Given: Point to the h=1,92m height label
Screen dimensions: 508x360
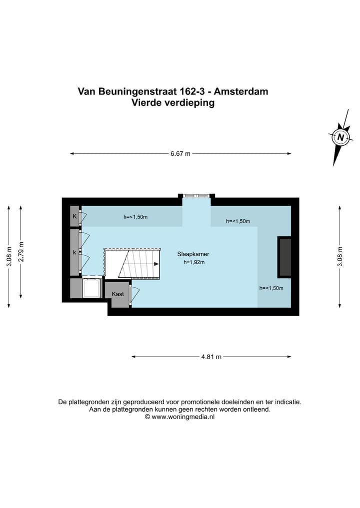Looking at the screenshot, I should pyautogui.click(x=194, y=262).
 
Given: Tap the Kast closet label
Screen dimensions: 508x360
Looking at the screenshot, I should pyautogui.click(x=118, y=294).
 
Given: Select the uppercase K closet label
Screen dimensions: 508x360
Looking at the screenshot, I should pyautogui.click(x=74, y=216).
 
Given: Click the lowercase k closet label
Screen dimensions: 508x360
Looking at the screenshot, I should pyautogui.click(x=74, y=252).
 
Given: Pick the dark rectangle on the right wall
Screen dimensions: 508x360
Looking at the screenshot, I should pyautogui.click(x=284, y=257).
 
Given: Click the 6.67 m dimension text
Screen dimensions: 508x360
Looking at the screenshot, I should pyautogui.click(x=180, y=154).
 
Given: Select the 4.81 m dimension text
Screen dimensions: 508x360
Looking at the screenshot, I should pyautogui.click(x=211, y=357).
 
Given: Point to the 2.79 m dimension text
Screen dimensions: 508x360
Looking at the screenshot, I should pyautogui.click(x=21, y=251).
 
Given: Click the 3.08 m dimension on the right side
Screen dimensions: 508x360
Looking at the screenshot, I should pyautogui.click(x=340, y=257).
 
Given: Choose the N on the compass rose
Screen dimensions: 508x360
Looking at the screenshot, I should pyautogui.click(x=341, y=137).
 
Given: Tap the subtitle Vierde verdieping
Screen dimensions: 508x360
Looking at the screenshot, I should pyautogui.click(x=172, y=103).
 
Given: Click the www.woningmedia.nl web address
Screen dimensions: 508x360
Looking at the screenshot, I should pyautogui.click(x=183, y=417).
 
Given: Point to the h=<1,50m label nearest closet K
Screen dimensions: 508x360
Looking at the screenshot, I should pyautogui.click(x=135, y=217).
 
